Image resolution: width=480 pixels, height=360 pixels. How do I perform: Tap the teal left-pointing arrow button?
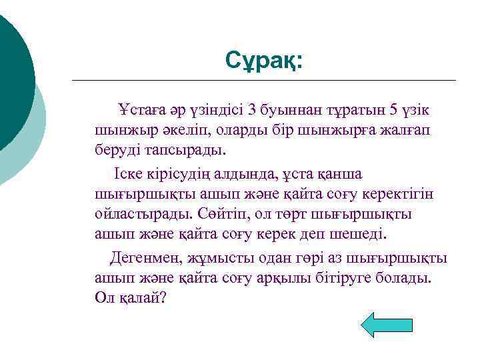pos(387,325)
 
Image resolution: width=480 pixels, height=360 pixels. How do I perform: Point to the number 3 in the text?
pos(251,109)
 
